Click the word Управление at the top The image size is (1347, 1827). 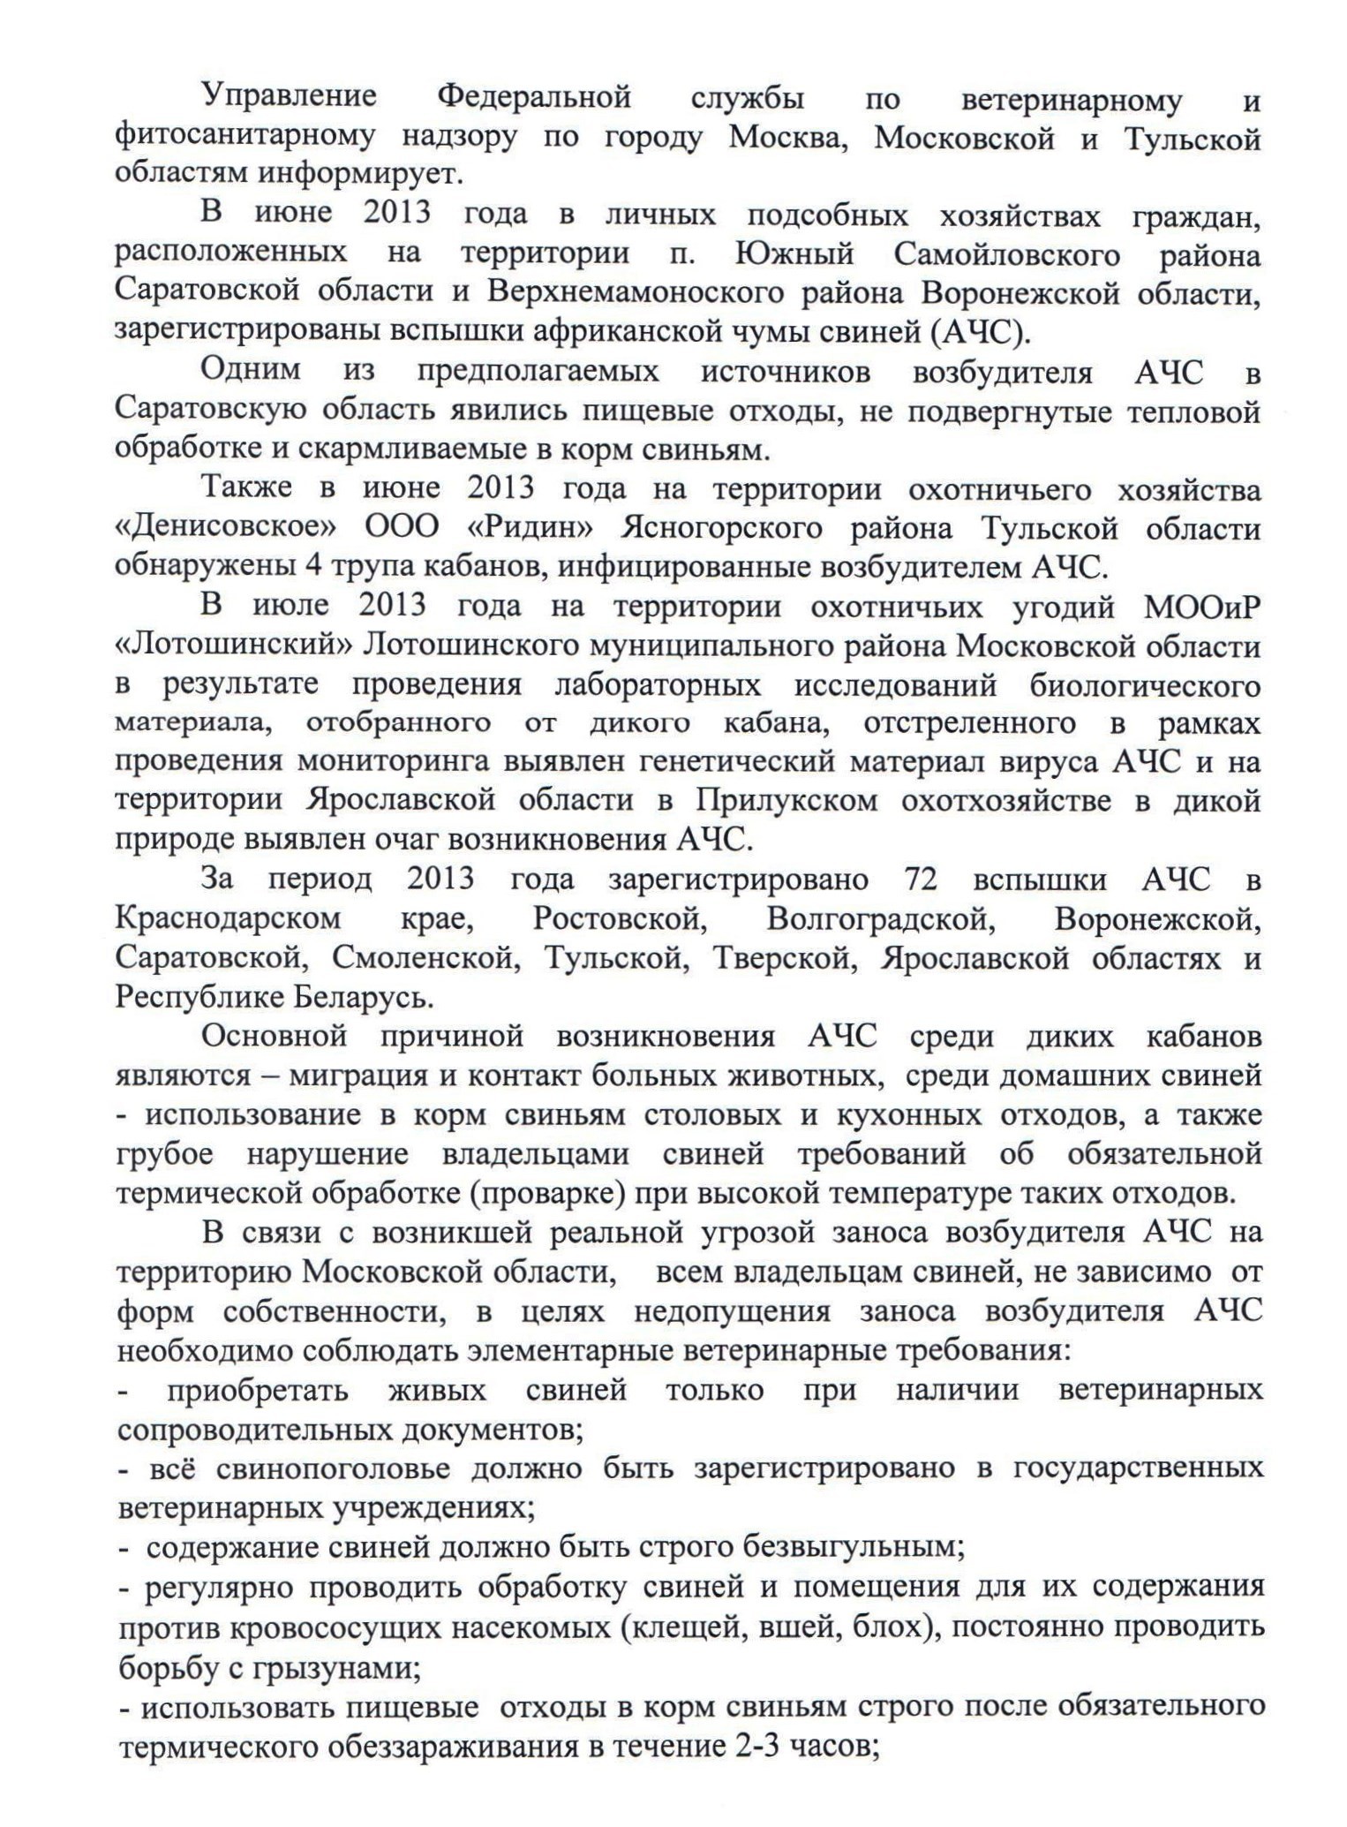(x=289, y=97)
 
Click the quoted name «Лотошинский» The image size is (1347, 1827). (x=233, y=645)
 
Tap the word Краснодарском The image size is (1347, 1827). (x=228, y=918)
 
